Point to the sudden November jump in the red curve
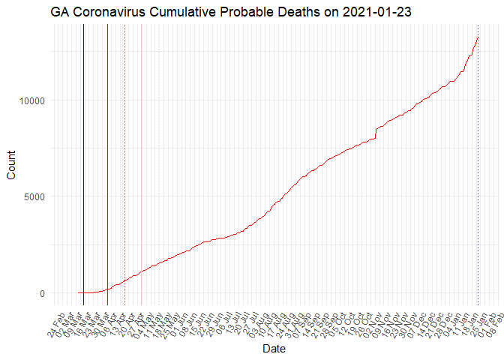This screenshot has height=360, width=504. pyautogui.click(x=375, y=133)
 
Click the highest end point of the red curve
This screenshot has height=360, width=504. pyautogui.click(x=478, y=37)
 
